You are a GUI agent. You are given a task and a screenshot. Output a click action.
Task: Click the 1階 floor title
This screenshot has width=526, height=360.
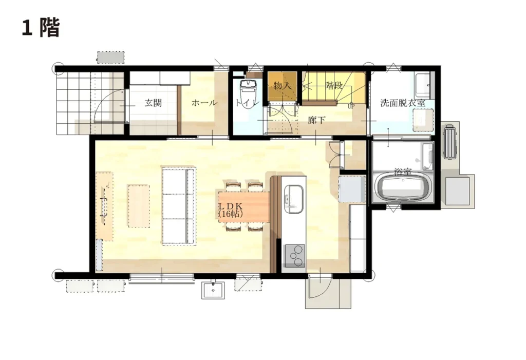point(41,28)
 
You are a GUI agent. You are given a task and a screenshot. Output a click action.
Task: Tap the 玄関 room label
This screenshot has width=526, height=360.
point(153,103)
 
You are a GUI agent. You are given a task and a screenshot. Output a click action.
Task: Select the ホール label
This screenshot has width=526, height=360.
point(204,103)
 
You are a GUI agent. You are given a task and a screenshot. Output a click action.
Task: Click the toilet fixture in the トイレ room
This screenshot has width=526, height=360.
point(248,94)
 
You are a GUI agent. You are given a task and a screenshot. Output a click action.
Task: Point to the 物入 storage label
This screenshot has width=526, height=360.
point(282,86)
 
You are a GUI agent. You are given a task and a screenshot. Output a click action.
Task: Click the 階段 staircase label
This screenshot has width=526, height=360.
point(334,86)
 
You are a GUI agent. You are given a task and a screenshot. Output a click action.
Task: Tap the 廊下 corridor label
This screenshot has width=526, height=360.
point(316,120)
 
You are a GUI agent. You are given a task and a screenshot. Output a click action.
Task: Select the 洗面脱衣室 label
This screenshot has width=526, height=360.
point(403,103)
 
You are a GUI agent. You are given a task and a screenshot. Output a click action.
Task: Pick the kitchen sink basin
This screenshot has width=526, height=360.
point(293,199)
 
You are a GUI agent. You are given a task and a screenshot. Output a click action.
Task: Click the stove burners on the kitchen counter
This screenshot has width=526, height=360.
point(295,256)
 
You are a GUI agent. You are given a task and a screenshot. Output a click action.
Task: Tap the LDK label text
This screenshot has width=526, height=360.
point(231,206)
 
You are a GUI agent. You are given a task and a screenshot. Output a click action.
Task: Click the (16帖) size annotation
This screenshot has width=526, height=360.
point(231,214)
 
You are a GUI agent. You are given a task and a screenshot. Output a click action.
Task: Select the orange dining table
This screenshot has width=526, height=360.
point(244,206)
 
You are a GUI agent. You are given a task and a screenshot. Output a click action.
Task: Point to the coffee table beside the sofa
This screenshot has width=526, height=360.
point(139,205)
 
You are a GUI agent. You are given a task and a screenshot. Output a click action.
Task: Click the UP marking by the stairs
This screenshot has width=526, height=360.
point(351,106)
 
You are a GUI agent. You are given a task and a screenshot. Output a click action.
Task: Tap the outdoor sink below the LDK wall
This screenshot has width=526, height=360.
point(213,290)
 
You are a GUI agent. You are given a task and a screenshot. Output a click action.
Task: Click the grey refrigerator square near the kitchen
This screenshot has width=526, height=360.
point(352,188)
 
